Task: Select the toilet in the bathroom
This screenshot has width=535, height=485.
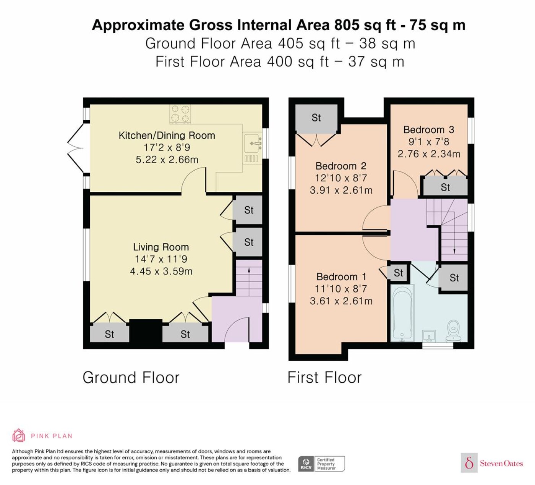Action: [x=453, y=331]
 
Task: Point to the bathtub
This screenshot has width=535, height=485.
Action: [x=402, y=313]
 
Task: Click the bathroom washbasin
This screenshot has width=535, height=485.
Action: [x=429, y=336]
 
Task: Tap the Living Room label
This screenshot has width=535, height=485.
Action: [x=161, y=247]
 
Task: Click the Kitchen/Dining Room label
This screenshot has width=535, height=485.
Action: [x=167, y=135]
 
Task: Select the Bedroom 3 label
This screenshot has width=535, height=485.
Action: [x=429, y=129]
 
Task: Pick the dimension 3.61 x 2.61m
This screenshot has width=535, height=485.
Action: [x=341, y=301]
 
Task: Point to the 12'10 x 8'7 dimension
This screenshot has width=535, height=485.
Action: [x=341, y=178]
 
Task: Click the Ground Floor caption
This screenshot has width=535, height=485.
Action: [x=131, y=378]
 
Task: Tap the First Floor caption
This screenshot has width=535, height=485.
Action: [x=324, y=378]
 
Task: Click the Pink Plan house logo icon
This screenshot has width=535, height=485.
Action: [x=19, y=435]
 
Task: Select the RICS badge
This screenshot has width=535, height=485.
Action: [x=321, y=464]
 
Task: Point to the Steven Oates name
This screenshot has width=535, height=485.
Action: [x=501, y=464]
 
